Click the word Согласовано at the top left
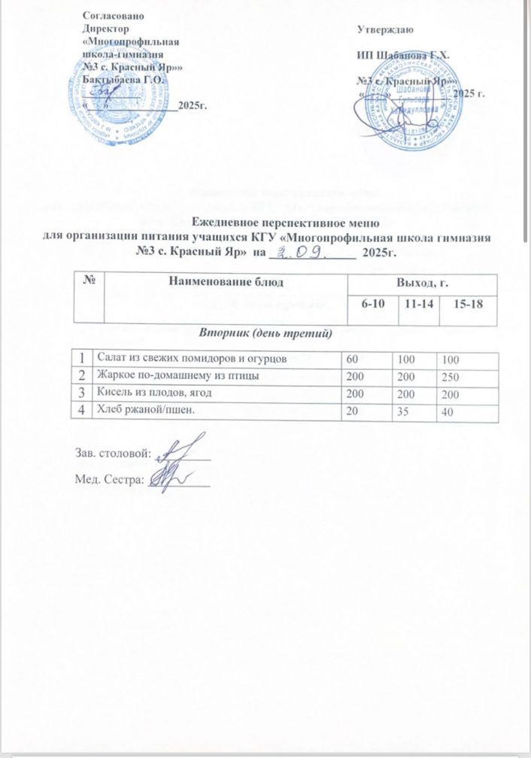pos(114,14)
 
